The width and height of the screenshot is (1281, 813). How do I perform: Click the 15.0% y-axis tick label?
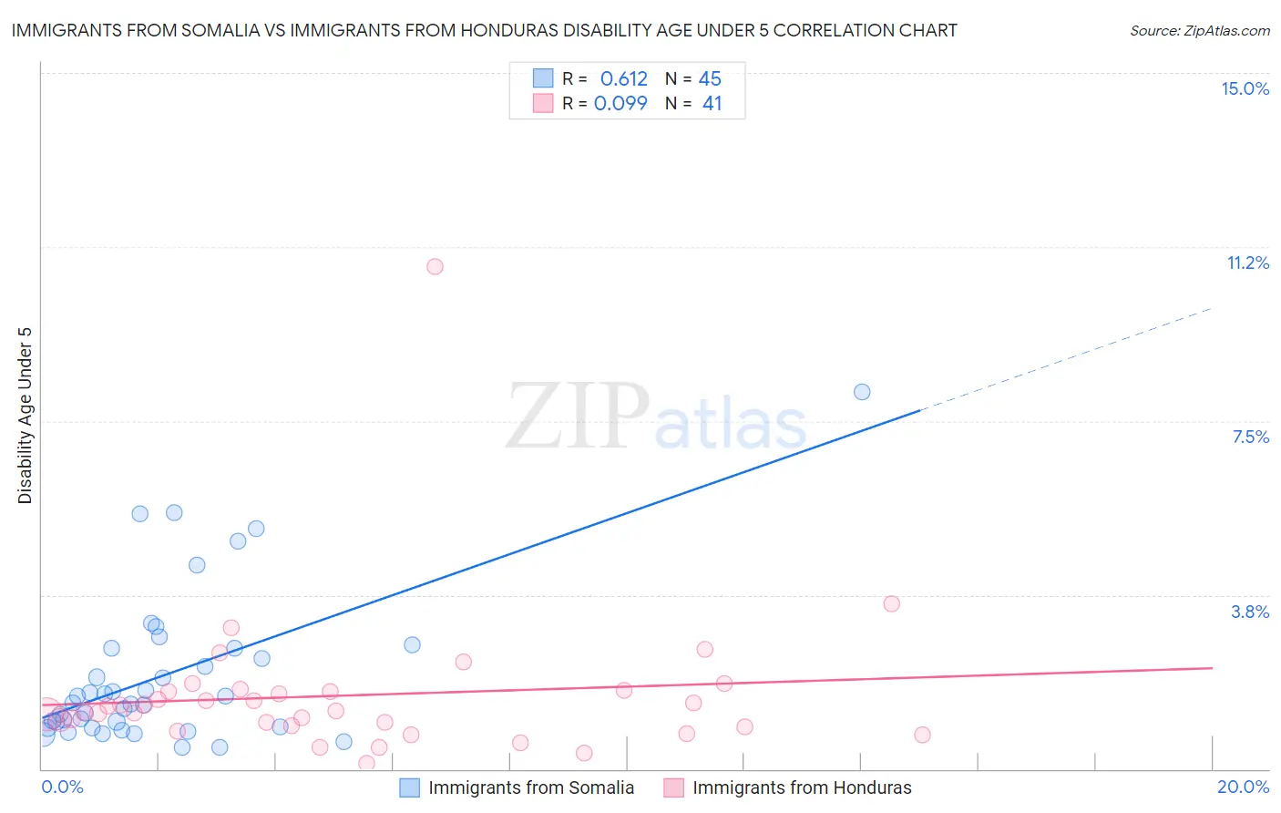click(1245, 88)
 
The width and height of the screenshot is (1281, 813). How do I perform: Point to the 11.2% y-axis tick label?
click(1247, 262)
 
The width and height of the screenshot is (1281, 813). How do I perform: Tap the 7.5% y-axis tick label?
click(1250, 437)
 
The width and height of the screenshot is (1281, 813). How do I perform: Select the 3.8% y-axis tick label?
click(1250, 612)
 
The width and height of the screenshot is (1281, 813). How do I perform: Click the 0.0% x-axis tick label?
click(62, 787)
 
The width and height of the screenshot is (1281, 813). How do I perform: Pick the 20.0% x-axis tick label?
click(1243, 787)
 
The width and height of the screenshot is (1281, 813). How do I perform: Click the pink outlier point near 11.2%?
click(435, 266)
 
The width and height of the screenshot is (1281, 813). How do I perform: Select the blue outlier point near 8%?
click(862, 392)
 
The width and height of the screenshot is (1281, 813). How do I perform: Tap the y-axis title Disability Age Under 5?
click(25, 415)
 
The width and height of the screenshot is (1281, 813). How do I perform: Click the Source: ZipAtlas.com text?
click(1199, 30)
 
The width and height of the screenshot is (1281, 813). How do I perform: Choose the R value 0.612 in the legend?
click(623, 78)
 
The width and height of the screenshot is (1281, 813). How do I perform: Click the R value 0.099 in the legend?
click(620, 103)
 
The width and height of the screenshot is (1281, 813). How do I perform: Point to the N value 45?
click(710, 78)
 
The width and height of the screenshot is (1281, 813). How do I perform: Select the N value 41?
click(712, 103)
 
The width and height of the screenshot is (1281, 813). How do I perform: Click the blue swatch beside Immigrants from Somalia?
click(410, 787)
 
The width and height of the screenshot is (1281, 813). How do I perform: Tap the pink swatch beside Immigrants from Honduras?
click(673, 787)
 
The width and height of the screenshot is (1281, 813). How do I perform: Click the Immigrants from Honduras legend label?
click(802, 787)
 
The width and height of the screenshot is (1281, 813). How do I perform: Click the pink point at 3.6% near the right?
click(891, 603)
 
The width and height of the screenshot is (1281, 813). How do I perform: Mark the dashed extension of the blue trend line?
click(1066, 359)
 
